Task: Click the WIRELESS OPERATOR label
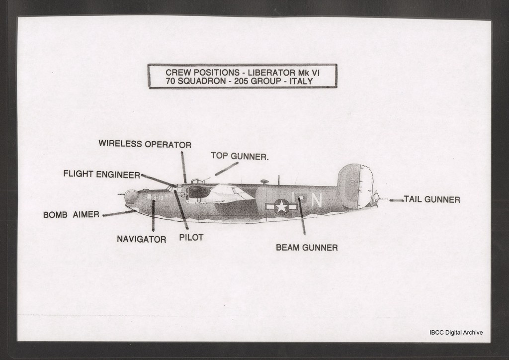145,144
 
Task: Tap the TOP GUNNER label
240,156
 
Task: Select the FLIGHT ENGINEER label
101,174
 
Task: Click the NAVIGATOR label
141,239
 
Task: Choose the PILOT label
191,237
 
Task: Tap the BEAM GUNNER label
307,247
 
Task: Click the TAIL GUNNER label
432,199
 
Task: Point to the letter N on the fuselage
317,199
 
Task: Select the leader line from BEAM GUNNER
302,216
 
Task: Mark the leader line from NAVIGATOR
153,215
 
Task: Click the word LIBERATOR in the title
281,72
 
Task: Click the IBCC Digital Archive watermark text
455,333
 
